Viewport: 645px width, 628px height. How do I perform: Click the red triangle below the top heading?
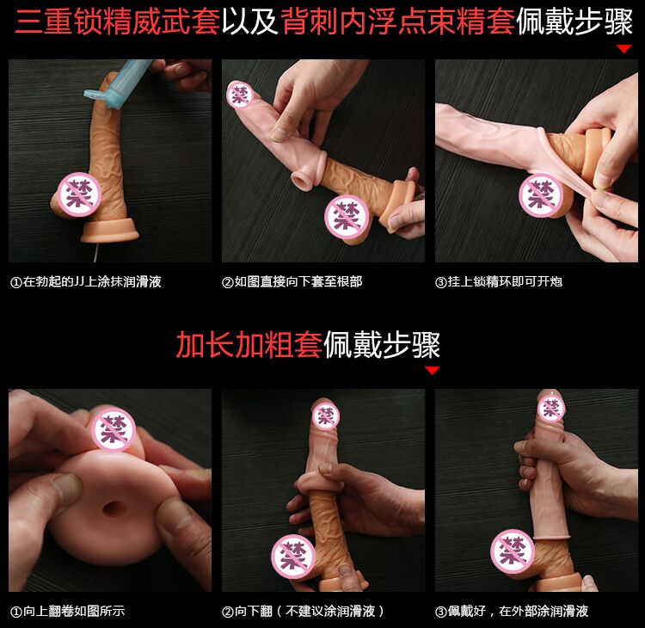click(624, 48)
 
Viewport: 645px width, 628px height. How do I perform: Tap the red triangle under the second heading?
click(432, 371)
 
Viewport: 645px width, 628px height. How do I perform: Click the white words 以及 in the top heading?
click(250, 22)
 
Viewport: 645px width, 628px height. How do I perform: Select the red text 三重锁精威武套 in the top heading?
click(118, 22)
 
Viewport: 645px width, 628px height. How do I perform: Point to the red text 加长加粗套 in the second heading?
click(249, 344)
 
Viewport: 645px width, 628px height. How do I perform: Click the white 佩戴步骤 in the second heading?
click(382, 344)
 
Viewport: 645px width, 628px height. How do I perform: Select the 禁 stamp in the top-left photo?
click(79, 194)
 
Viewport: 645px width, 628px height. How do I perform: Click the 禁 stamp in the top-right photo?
click(541, 195)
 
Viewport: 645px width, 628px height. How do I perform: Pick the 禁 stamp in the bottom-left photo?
click(114, 429)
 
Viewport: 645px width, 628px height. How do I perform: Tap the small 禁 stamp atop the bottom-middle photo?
click(326, 416)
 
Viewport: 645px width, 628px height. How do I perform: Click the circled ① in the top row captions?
click(15, 283)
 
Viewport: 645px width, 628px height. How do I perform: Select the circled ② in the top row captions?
click(228, 283)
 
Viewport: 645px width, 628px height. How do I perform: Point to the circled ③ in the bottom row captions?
click(441, 612)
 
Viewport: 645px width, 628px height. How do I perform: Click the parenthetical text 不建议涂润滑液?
click(330, 611)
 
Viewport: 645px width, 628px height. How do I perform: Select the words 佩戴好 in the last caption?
click(467, 611)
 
